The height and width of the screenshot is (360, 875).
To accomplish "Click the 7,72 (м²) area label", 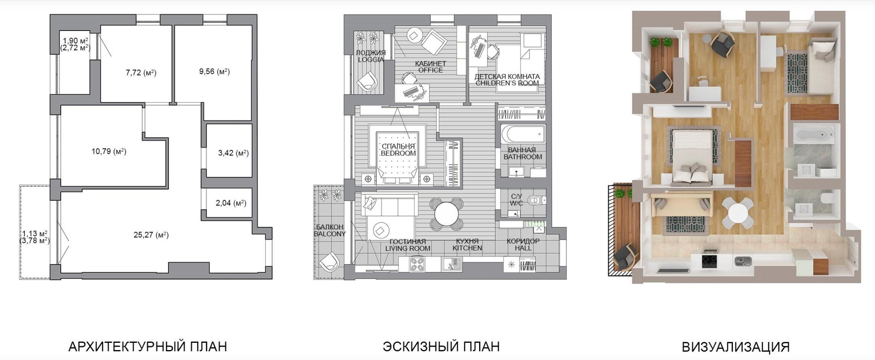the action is click(141, 73).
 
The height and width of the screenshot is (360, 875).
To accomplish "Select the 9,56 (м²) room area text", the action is click(215, 71).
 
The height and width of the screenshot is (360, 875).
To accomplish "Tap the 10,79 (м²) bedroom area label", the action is click(109, 152).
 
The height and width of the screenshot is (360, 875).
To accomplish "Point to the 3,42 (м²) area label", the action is click(233, 153).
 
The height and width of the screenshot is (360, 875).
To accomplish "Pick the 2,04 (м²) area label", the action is click(231, 203).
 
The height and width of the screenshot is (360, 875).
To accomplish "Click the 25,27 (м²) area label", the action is click(151, 235).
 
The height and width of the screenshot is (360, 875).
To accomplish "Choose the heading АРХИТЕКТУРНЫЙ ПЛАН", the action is click(148, 347).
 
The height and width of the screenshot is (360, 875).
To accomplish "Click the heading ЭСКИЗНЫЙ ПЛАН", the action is click(441, 347).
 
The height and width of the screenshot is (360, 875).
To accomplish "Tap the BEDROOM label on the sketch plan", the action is click(398, 153).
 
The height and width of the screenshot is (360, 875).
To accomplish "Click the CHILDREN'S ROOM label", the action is click(507, 83).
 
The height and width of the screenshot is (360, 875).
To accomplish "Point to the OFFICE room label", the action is click(431, 70).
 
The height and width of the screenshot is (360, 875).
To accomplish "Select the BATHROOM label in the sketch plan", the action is click(523, 157).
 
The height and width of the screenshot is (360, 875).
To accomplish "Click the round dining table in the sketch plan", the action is click(447, 214).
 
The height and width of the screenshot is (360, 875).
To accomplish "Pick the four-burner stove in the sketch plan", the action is click(417, 264).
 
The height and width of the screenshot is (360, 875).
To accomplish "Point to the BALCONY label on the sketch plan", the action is click(330, 230).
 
